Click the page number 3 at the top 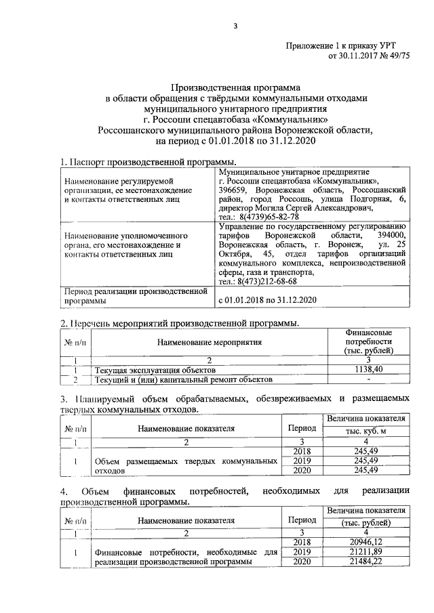pyautogui.click(x=235, y=26)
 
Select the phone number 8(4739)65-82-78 pyautogui.click(x=256, y=216)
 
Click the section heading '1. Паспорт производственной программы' pyautogui.click(x=149, y=163)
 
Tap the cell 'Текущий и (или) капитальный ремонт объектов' pyautogui.click(x=183, y=380)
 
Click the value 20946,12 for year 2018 pyautogui.click(x=367, y=542)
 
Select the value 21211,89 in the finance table pyautogui.click(x=367, y=552)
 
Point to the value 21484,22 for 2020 pyautogui.click(x=367, y=562)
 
